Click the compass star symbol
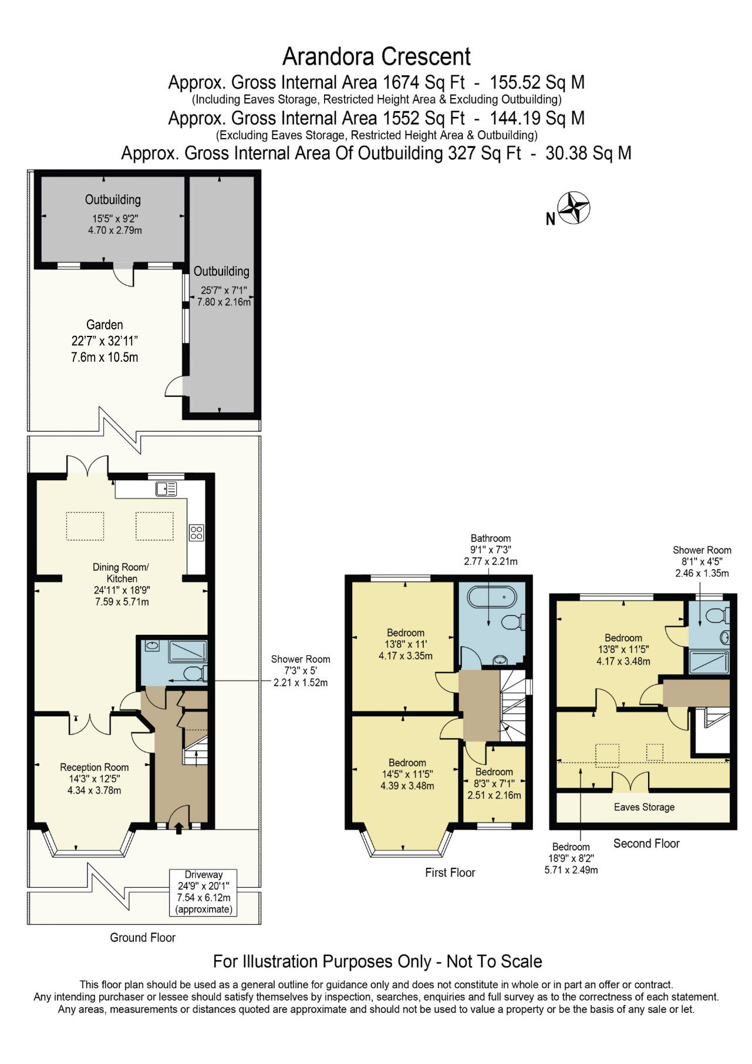(x=573, y=208)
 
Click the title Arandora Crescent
(x=376, y=57)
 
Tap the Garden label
(x=104, y=325)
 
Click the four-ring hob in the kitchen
(x=196, y=533)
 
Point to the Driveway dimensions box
(x=204, y=892)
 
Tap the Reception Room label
(x=94, y=767)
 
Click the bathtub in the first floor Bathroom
(x=491, y=598)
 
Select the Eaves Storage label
(x=644, y=807)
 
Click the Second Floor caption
(x=646, y=843)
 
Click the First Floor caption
(x=450, y=873)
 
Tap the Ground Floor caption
(x=143, y=938)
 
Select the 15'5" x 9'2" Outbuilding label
(x=113, y=200)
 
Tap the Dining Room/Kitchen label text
(x=122, y=573)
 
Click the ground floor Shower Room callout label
(x=300, y=659)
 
